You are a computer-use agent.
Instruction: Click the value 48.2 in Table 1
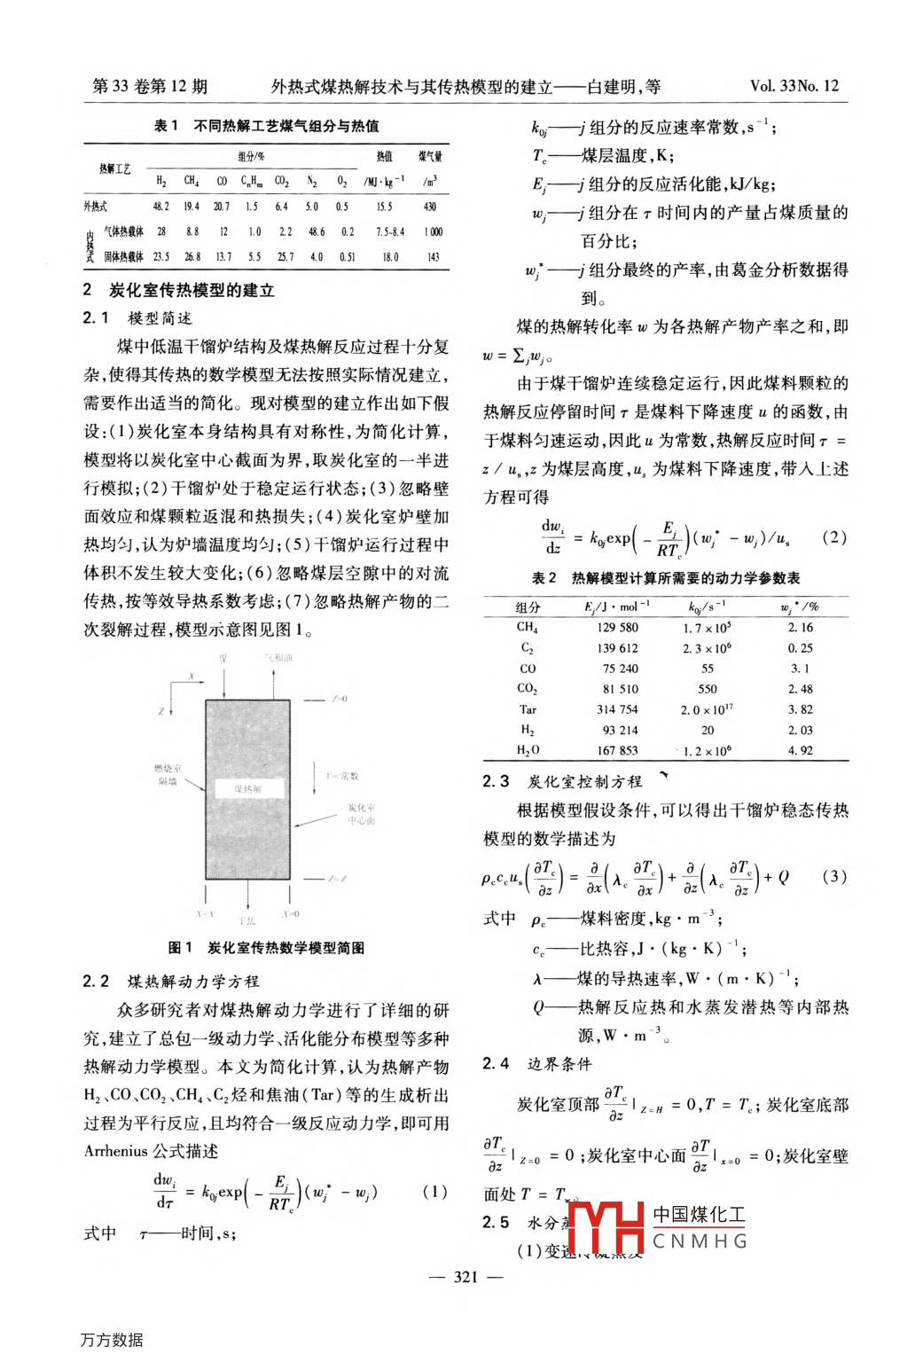(x=160, y=207)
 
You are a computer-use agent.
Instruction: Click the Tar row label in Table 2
(x=528, y=709)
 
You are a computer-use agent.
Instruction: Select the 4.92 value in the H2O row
(x=800, y=750)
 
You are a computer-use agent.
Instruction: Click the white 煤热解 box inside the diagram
(x=248, y=787)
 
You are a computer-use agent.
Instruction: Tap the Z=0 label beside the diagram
(x=339, y=700)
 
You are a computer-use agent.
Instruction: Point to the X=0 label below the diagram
(x=291, y=913)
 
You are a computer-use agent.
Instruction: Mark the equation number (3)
(x=833, y=877)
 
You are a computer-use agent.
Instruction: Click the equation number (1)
(x=434, y=1191)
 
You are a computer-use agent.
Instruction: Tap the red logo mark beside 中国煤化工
(x=606, y=1228)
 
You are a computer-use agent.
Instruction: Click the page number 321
(x=465, y=1277)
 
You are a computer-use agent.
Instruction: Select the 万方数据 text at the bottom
(x=112, y=1340)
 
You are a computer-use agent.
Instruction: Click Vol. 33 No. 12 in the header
(x=794, y=86)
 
